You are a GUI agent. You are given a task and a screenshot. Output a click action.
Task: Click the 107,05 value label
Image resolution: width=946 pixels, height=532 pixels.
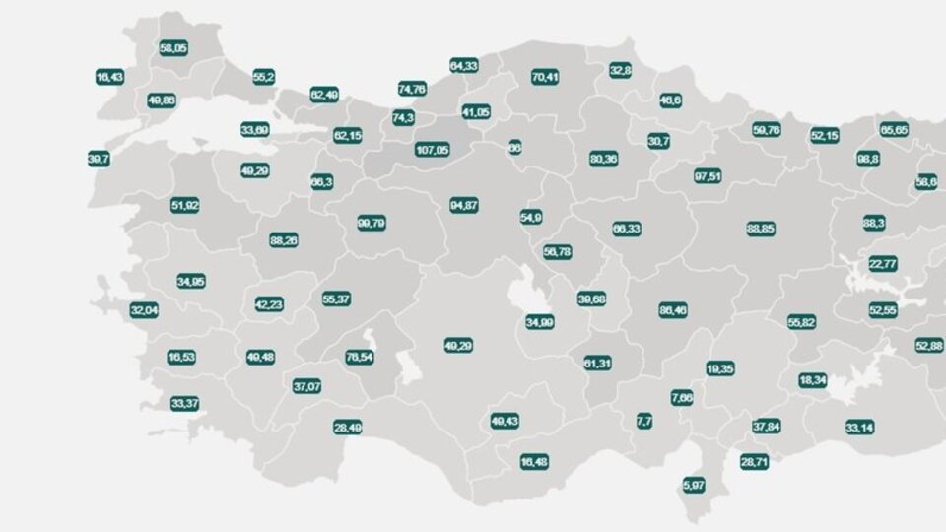pyautogui.click(x=432, y=150)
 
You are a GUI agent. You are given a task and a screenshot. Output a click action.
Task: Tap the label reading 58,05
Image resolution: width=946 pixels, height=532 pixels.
pyautogui.click(x=173, y=48)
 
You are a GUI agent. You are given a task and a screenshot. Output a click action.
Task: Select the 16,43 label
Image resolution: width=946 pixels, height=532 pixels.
pyautogui.click(x=109, y=77)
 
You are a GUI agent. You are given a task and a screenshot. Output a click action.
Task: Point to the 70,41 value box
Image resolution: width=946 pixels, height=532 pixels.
pyautogui.click(x=545, y=77)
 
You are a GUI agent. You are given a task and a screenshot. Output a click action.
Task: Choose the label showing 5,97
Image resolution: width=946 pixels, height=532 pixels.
pyautogui.click(x=695, y=485)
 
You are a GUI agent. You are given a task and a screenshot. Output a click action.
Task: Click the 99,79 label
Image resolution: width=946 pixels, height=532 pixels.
pyautogui.click(x=372, y=224)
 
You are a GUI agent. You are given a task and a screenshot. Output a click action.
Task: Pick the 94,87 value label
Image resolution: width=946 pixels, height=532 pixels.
pyautogui.click(x=464, y=205)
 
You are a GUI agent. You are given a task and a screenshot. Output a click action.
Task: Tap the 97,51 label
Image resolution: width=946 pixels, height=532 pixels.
pyautogui.click(x=708, y=176)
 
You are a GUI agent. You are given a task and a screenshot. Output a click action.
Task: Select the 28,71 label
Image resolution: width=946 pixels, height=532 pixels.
pyautogui.click(x=754, y=461)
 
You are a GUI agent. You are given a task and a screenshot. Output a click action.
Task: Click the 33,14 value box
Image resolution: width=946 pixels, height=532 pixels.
pyautogui.click(x=859, y=428)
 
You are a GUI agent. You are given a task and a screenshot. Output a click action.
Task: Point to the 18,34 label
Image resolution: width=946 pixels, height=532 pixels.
pyautogui.click(x=813, y=380)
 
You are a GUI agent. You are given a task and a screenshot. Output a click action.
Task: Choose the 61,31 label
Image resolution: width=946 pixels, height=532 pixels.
pyautogui.click(x=598, y=363)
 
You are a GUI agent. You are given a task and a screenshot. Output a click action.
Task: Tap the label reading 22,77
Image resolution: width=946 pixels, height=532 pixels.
pyautogui.click(x=882, y=264)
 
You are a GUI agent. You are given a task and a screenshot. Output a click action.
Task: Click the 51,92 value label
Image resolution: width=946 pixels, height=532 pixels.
pyautogui.click(x=185, y=205)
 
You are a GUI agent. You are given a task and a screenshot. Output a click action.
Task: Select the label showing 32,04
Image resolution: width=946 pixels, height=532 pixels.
pyautogui.click(x=144, y=310)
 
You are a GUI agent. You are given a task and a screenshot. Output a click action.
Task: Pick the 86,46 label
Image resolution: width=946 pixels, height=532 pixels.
pyautogui.click(x=673, y=310)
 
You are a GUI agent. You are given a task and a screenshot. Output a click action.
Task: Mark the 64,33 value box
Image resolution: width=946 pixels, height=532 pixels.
pyautogui.click(x=464, y=65)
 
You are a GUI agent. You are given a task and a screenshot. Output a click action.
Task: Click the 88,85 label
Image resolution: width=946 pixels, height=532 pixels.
pyautogui.click(x=761, y=228)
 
